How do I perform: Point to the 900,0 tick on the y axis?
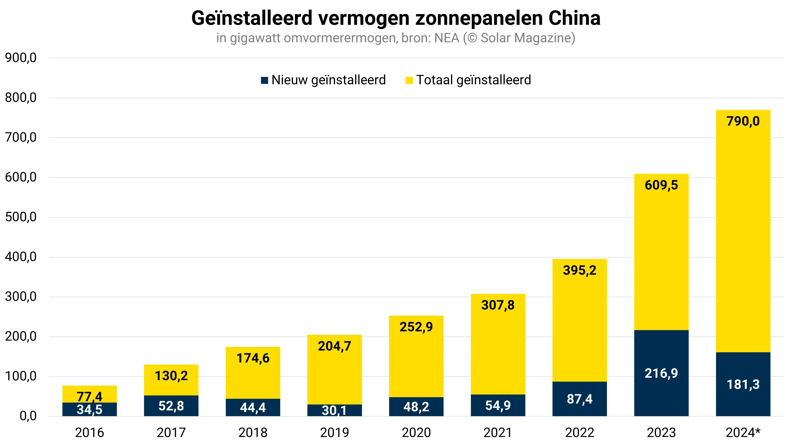coord(21,58)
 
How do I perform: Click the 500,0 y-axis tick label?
coord(21,217)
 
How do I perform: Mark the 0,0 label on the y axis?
coord(28,416)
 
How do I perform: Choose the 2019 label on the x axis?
coord(334,433)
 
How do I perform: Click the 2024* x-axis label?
coord(743,433)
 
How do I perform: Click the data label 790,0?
coord(743,121)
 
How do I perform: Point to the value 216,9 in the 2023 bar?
coord(661,373)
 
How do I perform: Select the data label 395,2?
coord(580,270)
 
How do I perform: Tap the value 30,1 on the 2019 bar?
coord(334,410)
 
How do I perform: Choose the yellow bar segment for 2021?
coord(498,347)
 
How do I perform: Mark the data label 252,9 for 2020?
coord(416,327)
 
